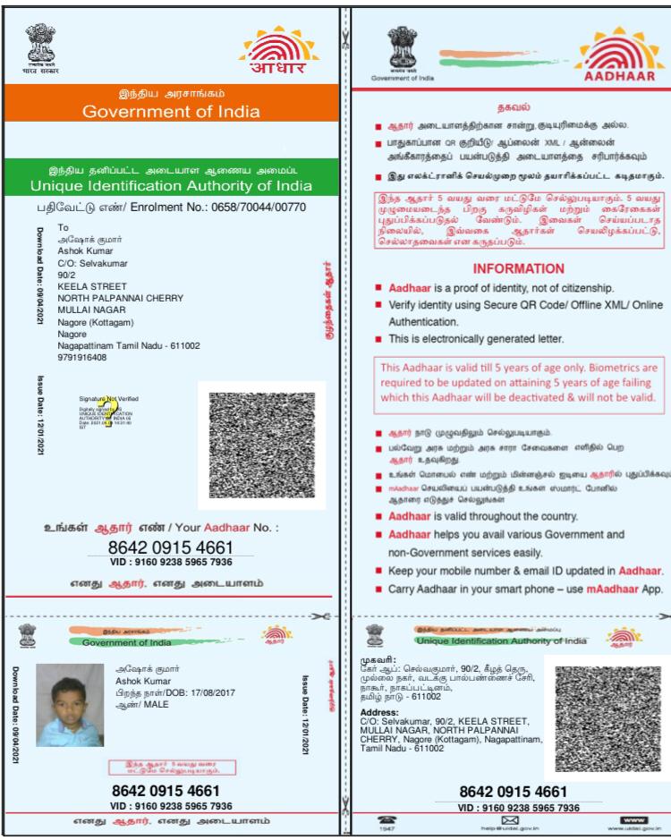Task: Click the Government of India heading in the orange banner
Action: pyautogui.click(x=171, y=112)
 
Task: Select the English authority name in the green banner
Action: pyautogui.click(x=171, y=186)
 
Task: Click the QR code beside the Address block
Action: pyautogui.click(x=607, y=718)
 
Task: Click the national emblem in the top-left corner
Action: pyautogui.click(x=38, y=41)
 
